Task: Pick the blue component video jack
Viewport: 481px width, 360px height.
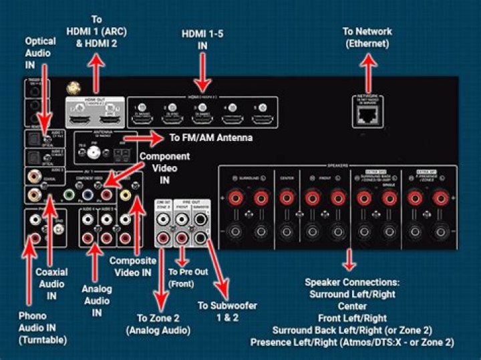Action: tap(88, 195)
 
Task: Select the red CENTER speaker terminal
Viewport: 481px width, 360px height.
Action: tap(287, 198)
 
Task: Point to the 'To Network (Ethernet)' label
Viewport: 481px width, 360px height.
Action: tap(367, 37)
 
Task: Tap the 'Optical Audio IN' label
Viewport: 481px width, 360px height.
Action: tap(40, 52)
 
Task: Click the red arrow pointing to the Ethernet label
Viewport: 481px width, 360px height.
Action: tap(367, 71)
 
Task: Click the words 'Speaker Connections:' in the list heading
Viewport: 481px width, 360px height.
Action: tap(352, 281)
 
